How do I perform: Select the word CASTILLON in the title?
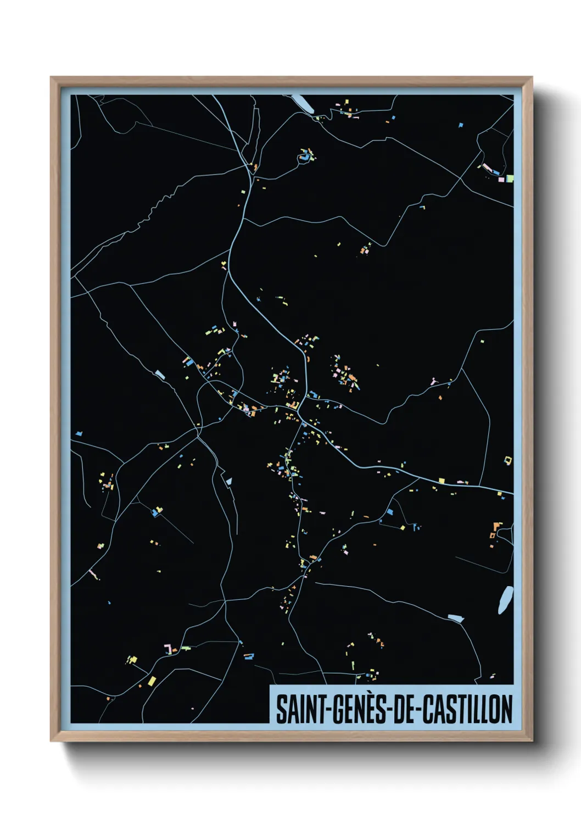468,709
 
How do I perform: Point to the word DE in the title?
403,709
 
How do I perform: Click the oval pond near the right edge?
505,600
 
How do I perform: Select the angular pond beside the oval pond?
456,618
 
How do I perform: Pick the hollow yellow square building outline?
508,460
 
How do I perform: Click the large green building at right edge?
510,178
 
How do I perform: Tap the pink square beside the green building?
500,179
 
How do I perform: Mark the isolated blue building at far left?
79,433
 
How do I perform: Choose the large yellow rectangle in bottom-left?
152,681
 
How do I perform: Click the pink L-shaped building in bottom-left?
169,650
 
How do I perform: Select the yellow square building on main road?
441,481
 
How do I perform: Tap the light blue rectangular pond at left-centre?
160,375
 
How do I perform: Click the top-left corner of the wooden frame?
51,77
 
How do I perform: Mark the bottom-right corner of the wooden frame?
532,741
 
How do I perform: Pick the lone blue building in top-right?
461,125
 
